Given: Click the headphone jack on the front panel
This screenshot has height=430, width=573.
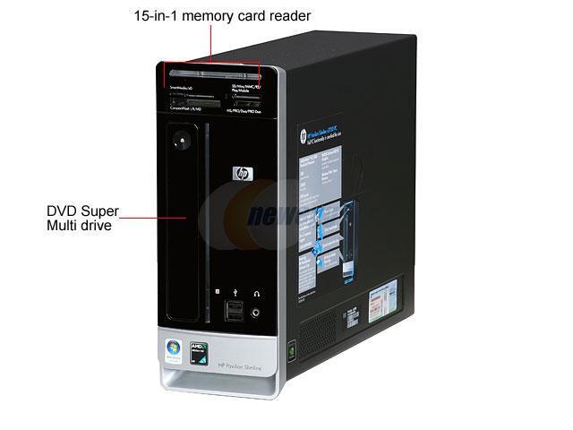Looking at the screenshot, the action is coord(257,313).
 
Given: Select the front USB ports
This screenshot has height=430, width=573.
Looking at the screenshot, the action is coord(233,309).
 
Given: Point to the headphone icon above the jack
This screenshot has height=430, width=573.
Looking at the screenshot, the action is coord(257,292).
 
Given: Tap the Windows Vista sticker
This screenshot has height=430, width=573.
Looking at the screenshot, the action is coord(174,350).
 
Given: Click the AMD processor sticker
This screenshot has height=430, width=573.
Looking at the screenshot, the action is coord(201,353).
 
